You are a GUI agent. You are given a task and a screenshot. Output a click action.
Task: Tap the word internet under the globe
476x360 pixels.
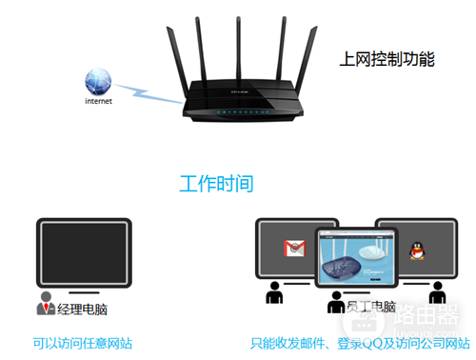98,101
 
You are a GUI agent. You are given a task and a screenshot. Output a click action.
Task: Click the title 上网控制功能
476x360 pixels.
386,59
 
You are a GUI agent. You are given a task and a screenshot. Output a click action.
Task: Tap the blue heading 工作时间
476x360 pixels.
217,183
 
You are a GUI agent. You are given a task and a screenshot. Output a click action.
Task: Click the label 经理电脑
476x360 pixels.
84,309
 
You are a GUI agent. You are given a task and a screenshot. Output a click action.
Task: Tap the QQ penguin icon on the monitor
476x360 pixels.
414,250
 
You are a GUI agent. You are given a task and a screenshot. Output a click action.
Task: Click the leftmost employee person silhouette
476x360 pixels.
274,293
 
